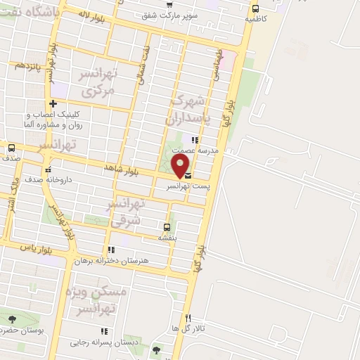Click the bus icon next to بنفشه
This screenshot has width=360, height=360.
click(x=167, y=227)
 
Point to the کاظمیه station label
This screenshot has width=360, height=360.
click(x=255, y=20)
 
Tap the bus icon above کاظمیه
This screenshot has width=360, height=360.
click(x=255, y=9)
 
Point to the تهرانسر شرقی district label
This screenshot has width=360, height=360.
click(x=125, y=212)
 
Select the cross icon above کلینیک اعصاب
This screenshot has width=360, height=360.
click(x=53, y=104)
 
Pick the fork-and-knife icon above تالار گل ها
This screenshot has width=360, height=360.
click(x=188, y=318)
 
